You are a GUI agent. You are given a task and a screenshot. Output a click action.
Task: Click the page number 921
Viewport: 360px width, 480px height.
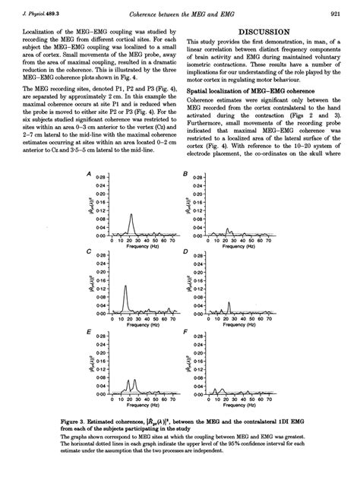click(x=334, y=14)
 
